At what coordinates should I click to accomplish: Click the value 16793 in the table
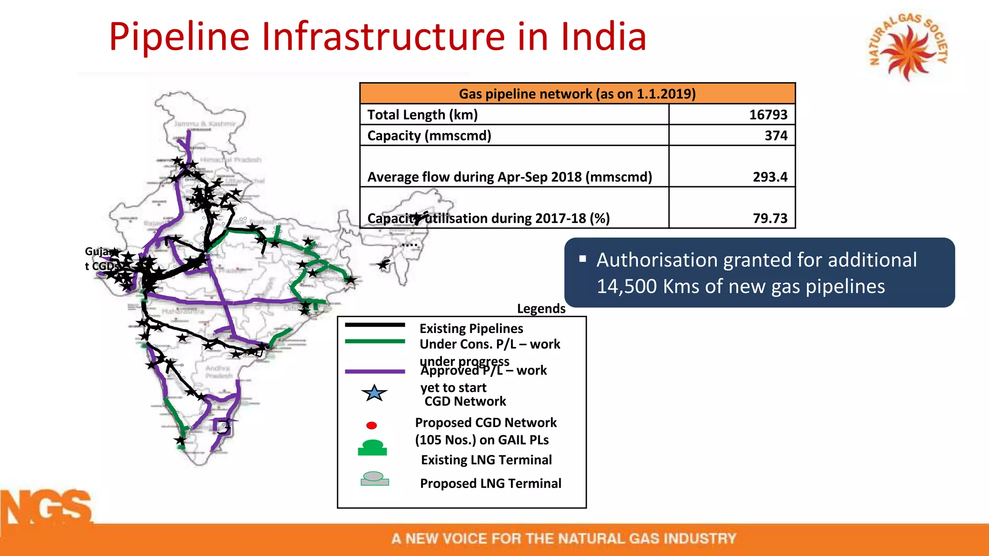pyautogui.click(x=768, y=115)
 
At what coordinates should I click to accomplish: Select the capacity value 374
pyautogui.click(x=776, y=136)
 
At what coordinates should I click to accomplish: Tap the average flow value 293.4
pyautogui.click(x=770, y=177)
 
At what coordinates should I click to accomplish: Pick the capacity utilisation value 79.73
pyautogui.click(x=770, y=219)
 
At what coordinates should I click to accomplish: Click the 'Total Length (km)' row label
pyautogui.click(x=423, y=115)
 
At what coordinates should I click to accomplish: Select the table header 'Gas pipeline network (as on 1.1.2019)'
pyautogui.click(x=577, y=94)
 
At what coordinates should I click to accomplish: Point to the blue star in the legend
pyautogui.click(x=374, y=393)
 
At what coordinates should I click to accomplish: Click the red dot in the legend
pyautogui.click(x=371, y=425)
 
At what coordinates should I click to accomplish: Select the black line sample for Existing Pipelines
pyautogui.click(x=375, y=325)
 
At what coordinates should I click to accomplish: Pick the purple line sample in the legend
pyautogui.click(x=375, y=371)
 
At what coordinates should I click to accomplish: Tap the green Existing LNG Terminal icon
pyautogui.click(x=372, y=447)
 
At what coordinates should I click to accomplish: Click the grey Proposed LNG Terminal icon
pyautogui.click(x=374, y=479)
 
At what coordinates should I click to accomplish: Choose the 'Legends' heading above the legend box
pyautogui.click(x=541, y=308)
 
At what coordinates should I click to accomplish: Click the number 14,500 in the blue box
pyautogui.click(x=626, y=286)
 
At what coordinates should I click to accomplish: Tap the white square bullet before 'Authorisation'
pyautogui.click(x=583, y=259)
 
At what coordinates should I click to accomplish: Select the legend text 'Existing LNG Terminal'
pyautogui.click(x=486, y=460)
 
